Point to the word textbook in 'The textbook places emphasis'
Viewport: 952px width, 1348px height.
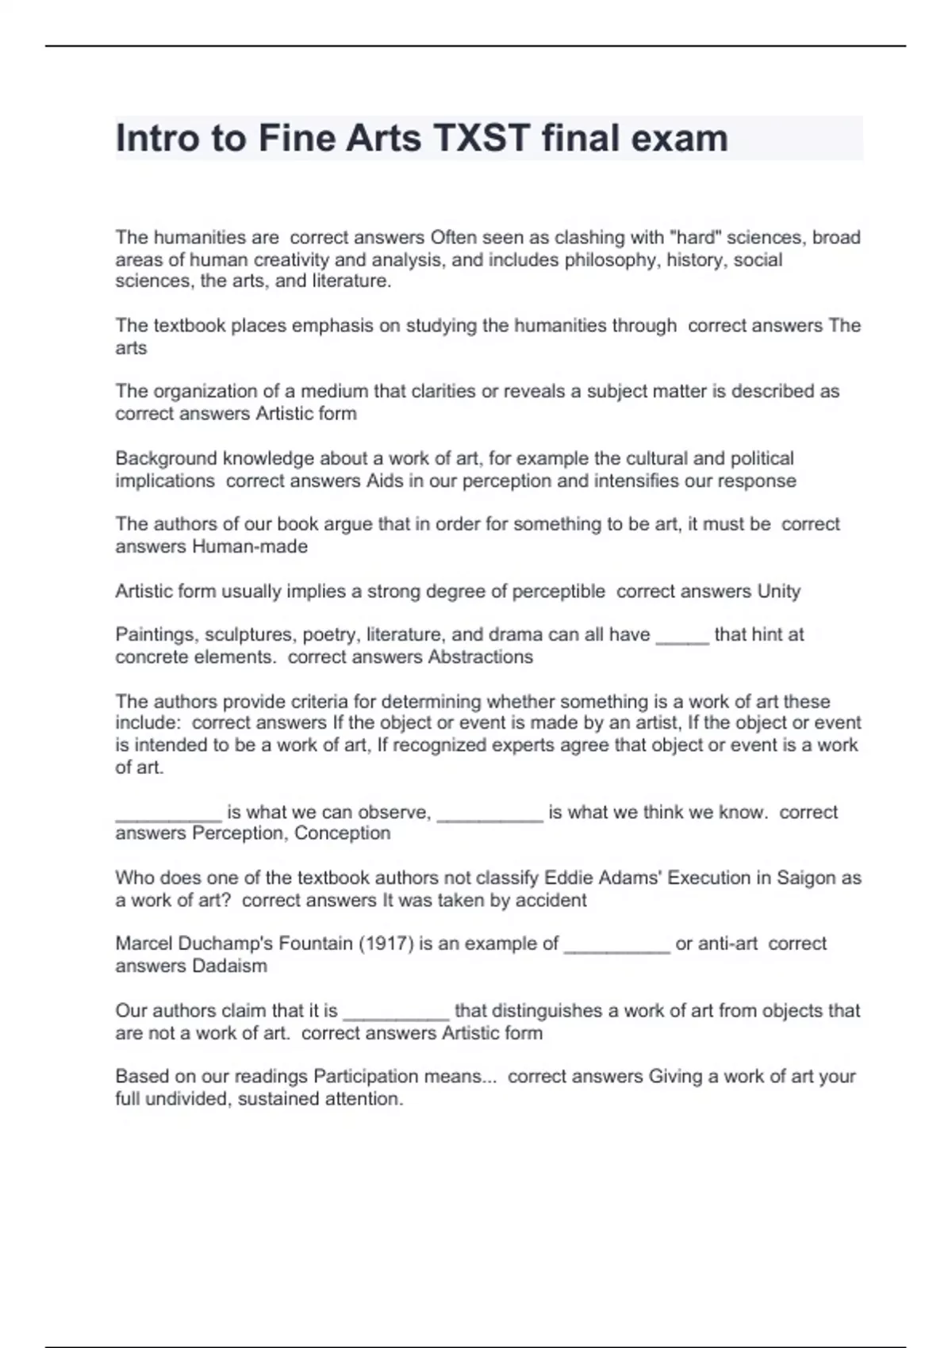pyautogui.click(x=190, y=326)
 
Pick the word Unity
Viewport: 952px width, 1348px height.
pyautogui.click(x=778, y=592)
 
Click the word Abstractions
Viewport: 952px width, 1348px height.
pyautogui.click(x=480, y=657)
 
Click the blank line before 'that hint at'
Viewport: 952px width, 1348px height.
pyautogui.click(x=682, y=637)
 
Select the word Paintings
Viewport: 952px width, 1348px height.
pyautogui.click(x=155, y=635)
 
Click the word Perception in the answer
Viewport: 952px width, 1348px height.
pyautogui.click(x=240, y=833)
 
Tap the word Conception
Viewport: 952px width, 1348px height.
pyautogui.click(x=343, y=833)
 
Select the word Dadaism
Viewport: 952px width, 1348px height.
pyautogui.click(x=229, y=966)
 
